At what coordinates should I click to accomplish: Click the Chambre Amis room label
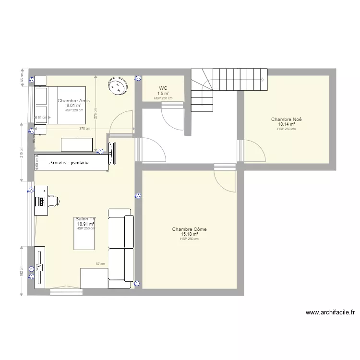73,101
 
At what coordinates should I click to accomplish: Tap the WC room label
163,88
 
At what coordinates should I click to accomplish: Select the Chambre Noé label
286,119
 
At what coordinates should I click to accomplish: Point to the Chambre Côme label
189,229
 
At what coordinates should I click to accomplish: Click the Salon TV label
85,219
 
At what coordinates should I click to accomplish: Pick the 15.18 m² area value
189,234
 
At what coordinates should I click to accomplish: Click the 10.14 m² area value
286,124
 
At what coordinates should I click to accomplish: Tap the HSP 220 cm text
74,110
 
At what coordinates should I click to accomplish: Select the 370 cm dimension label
84,129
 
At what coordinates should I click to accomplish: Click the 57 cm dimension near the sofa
100,264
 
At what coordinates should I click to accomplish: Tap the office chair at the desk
54,201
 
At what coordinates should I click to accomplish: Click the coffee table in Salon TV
84,237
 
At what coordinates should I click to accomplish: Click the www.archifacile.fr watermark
330,312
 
